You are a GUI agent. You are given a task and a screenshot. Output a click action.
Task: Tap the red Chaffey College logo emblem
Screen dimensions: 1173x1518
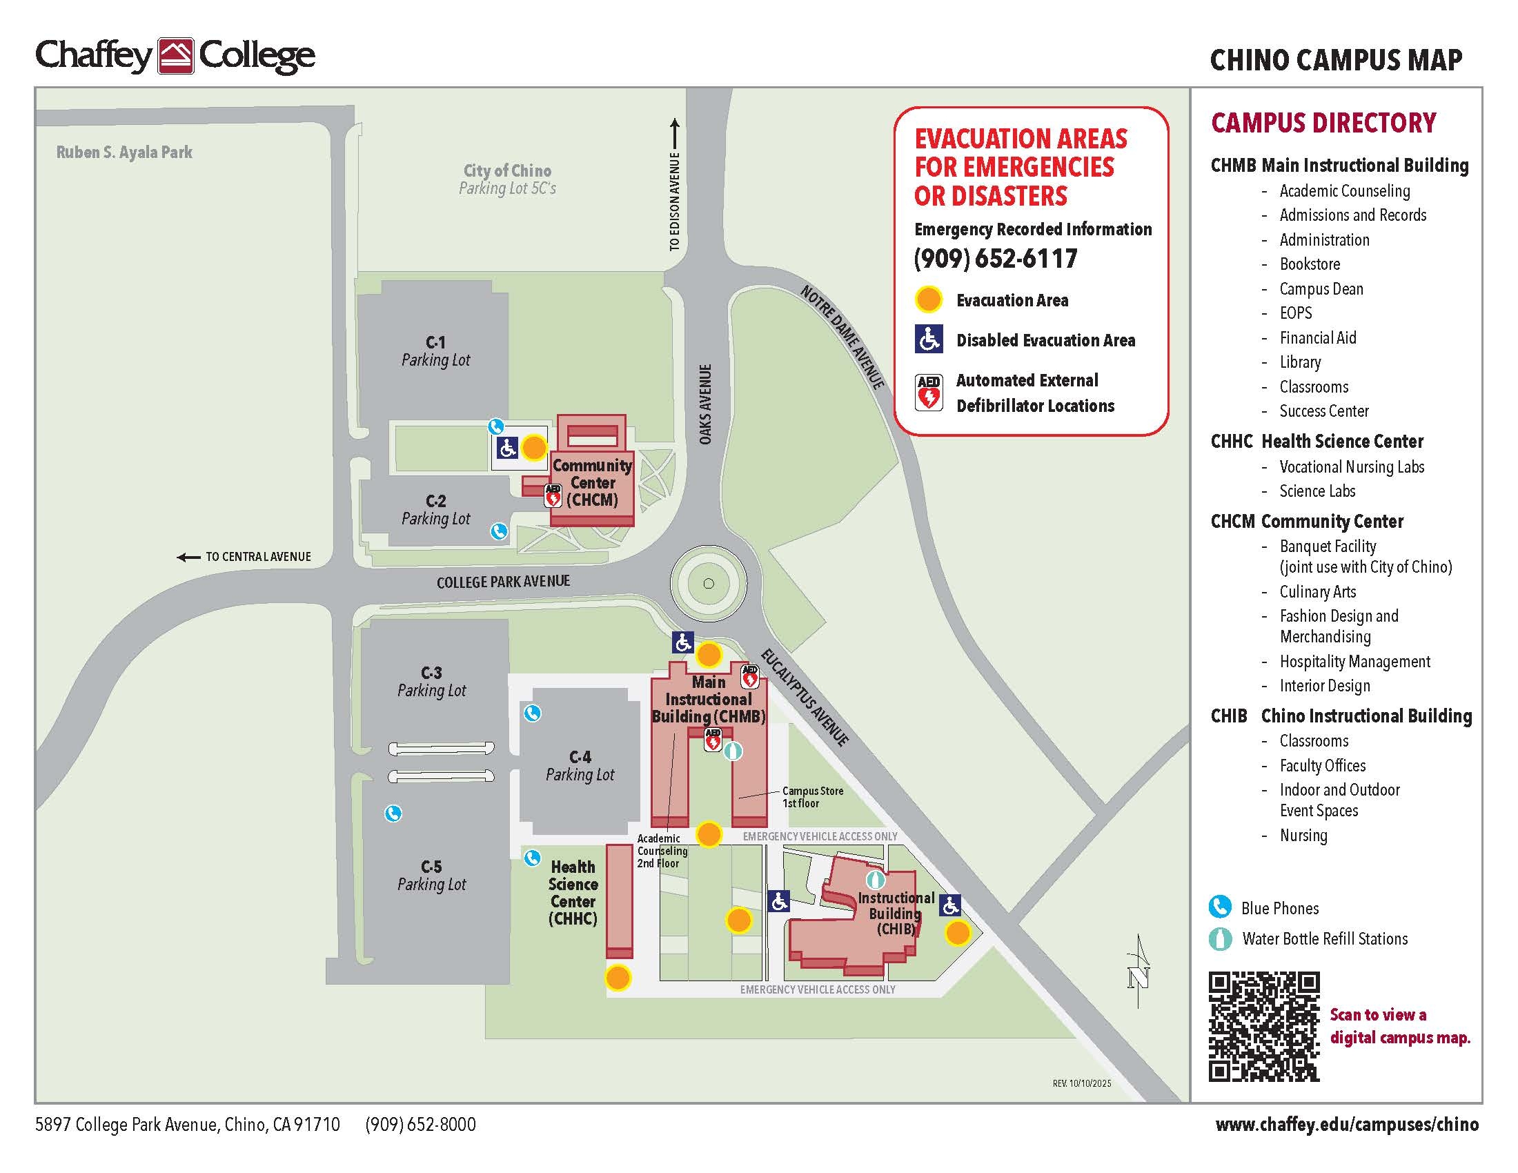click(x=175, y=57)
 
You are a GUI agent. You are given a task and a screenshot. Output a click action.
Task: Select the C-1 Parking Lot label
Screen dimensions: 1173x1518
click(x=436, y=351)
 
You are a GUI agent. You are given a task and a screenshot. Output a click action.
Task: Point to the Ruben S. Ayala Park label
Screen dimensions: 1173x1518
click(x=124, y=152)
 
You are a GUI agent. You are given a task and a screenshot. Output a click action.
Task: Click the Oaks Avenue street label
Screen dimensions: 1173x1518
click(x=705, y=404)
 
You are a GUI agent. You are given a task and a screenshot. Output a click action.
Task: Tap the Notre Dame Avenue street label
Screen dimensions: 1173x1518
click(x=842, y=337)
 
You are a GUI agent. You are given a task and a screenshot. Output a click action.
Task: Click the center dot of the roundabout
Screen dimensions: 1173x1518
click(x=708, y=584)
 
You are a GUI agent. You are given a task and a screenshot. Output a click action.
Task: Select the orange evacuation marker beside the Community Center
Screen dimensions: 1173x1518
click(x=534, y=448)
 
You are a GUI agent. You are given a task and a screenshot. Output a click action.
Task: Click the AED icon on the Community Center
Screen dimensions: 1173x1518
click(x=553, y=494)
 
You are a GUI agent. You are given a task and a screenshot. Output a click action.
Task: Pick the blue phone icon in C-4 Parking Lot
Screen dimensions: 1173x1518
click(x=533, y=713)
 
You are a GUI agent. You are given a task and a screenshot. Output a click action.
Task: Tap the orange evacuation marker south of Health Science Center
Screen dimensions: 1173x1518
click(x=618, y=978)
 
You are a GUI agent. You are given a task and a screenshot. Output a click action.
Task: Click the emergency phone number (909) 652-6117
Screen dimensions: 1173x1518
click(x=995, y=259)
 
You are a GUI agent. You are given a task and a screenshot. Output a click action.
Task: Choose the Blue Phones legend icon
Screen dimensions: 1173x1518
click(x=1219, y=907)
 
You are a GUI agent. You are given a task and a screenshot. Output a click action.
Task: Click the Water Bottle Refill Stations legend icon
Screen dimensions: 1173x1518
click(x=1219, y=939)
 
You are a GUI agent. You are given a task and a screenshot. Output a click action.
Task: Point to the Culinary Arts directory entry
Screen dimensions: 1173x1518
click(x=1317, y=591)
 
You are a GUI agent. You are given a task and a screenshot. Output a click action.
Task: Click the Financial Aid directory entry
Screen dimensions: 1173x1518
click(x=1317, y=337)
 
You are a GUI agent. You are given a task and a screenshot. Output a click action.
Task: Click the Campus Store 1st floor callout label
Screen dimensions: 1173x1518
click(x=812, y=797)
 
